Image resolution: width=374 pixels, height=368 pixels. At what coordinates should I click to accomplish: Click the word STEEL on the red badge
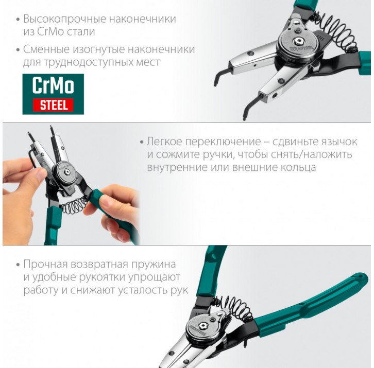point(53,105)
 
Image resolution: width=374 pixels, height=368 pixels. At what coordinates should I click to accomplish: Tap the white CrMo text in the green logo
point(53,85)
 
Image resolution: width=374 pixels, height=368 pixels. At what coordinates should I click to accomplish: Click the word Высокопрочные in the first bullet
point(64,19)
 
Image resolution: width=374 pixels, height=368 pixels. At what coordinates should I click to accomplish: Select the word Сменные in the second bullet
point(47,49)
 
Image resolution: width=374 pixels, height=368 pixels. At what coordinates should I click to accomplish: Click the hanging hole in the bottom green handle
point(360,277)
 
